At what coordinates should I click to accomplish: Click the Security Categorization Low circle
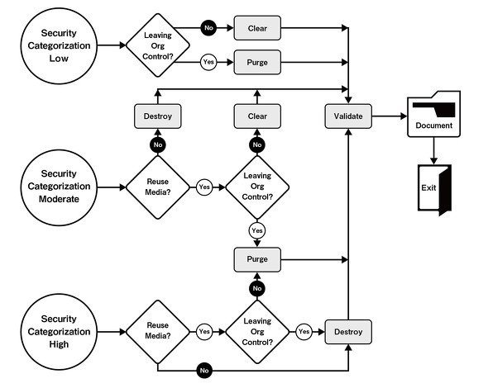(59, 45)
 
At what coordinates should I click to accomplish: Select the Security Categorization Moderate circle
(59, 187)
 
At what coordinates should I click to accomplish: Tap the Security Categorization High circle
(59, 332)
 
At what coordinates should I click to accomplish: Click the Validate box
(348, 116)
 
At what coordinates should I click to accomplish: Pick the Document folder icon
(434, 114)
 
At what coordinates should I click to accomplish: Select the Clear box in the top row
(257, 28)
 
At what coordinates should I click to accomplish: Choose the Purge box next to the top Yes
(257, 63)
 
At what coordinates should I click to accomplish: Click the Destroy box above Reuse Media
(158, 116)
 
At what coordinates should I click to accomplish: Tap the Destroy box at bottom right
(348, 332)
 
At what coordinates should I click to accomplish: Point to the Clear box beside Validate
(257, 116)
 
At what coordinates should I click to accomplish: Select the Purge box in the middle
(257, 259)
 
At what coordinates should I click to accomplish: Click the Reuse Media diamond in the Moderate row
(158, 187)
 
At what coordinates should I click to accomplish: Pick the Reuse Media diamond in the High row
(158, 332)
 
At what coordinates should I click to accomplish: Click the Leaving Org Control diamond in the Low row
(158, 45)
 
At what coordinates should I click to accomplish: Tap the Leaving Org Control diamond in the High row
(257, 332)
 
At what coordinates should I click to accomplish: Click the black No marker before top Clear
(208, 28)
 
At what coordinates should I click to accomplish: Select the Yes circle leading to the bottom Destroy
(304, 332)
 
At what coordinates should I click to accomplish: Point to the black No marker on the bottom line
(204, 371)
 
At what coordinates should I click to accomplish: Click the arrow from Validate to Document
(390, 116)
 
